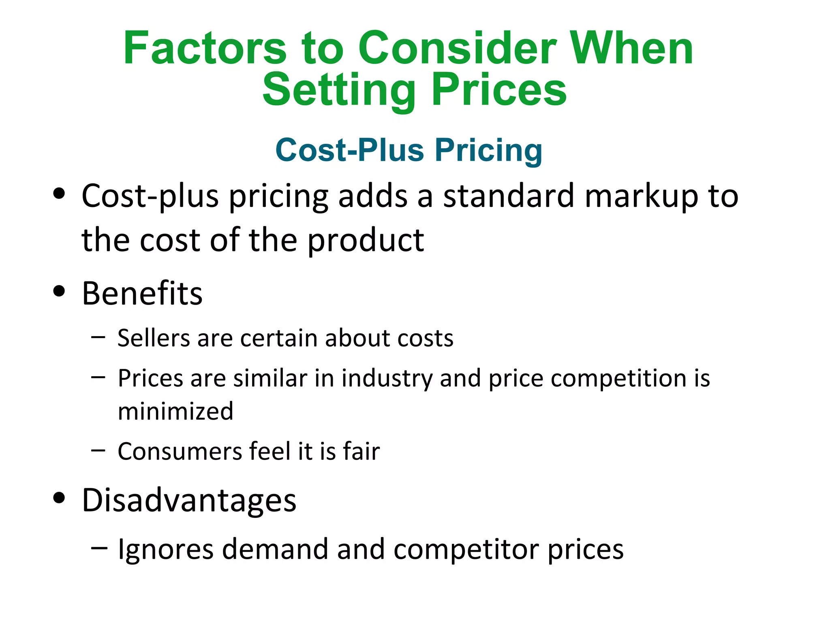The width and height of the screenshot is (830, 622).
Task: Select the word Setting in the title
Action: pyautogui.click(x=339, y=90)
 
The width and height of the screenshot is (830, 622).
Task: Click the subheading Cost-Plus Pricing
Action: pyautogui.click(x=409, y=150)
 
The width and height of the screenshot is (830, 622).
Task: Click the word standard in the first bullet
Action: pyautogui.click(x=509, y=196)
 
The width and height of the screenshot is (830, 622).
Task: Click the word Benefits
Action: pyautogui.click(x=142, y=293)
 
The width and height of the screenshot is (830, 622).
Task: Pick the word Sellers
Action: pyautogui.click(x=154, y=338)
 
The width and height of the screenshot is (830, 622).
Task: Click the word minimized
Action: pyautogui.click(x=175, y=411)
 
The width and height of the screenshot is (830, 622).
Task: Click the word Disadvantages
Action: pyautogui.click(x=189, y=501)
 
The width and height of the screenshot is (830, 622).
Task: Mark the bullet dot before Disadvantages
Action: pyautogui.click(x=59, y=498)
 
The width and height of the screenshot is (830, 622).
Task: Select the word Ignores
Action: pyautogui.click(x=165, y=550)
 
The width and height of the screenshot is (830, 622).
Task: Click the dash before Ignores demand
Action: pyautogui.click(x=99, y=548)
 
